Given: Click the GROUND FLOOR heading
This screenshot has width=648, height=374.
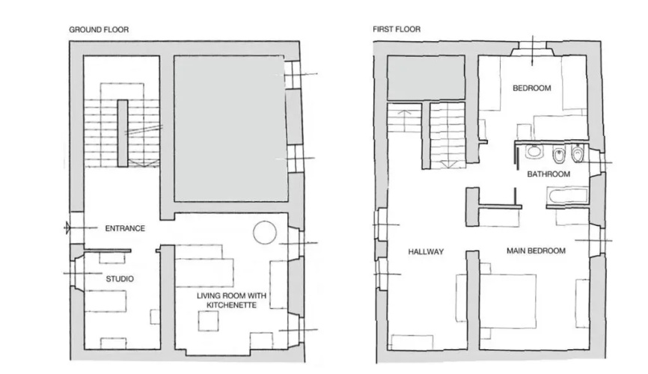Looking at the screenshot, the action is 99,30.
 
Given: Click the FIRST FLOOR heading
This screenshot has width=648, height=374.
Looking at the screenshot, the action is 397,29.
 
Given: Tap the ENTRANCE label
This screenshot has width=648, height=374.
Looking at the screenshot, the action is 125,228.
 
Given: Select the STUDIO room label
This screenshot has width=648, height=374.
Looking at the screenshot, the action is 120,279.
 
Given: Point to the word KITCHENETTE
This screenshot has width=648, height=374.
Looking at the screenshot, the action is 231,305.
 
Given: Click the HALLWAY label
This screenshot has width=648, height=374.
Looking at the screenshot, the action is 426,251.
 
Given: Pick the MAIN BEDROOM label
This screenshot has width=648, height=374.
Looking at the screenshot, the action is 536,251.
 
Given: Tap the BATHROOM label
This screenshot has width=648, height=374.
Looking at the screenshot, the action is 548,174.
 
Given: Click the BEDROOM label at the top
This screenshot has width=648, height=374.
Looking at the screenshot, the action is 531,88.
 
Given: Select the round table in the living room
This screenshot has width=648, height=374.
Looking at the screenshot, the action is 264,233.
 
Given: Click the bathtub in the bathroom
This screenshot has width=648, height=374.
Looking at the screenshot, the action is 567,196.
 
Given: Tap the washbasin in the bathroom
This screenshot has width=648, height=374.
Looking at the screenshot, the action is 534,152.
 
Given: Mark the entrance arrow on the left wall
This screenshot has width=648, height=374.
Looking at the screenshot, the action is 68,227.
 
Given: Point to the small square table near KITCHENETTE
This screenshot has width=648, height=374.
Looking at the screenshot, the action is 208,321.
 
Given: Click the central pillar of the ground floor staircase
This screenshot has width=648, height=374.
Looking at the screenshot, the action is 122,133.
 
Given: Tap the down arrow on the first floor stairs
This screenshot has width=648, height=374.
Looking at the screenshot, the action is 448,164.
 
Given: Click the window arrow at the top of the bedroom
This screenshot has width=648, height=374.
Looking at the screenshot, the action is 532,50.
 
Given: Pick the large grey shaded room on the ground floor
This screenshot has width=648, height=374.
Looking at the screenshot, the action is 230,129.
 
